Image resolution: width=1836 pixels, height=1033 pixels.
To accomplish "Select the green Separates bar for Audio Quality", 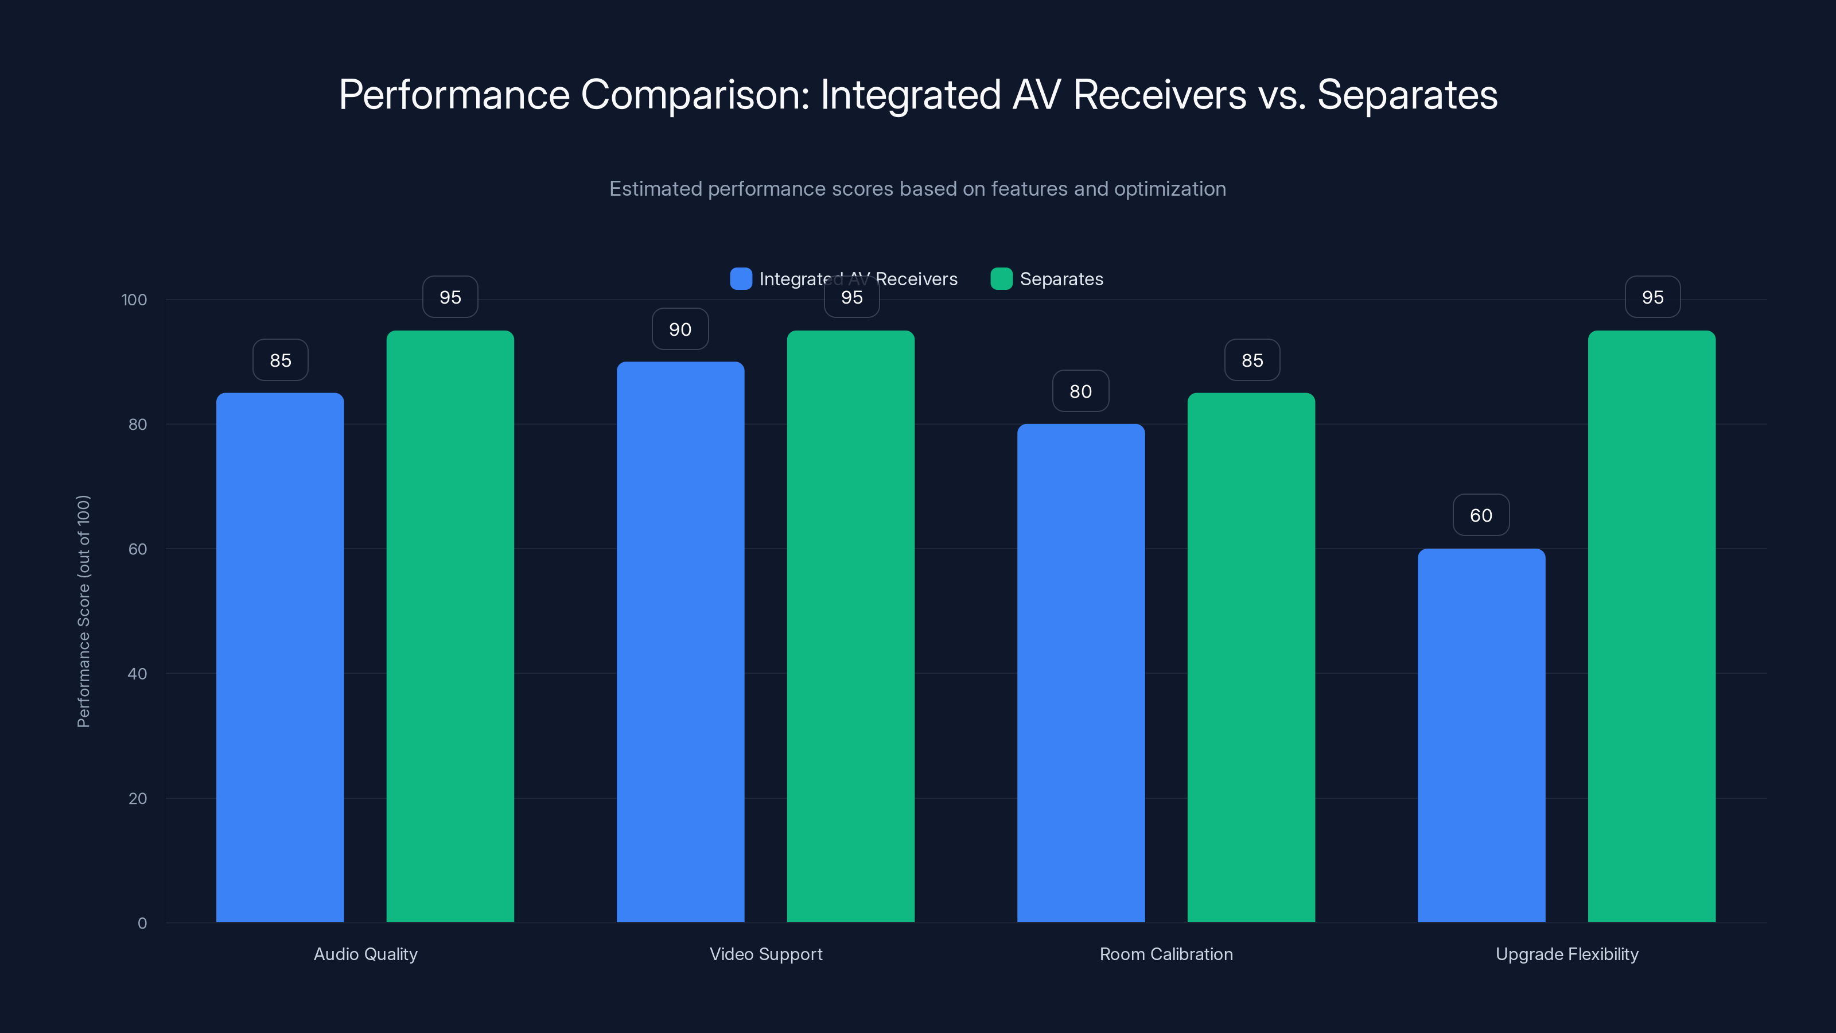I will click(x=450, y=626).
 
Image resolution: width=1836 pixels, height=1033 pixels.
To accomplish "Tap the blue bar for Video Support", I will click(x=680, y=642).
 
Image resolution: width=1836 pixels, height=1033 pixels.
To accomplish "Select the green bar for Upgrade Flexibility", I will click(x=1651, y=626).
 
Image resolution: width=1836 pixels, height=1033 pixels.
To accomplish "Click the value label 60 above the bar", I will click(x=1481, y=515).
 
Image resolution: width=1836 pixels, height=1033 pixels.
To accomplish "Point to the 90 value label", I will click(x=680, y=329).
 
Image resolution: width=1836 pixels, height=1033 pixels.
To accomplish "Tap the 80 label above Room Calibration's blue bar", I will click(x=1080, y=391).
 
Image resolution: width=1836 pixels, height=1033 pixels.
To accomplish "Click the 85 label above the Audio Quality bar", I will click(x=280, y=360).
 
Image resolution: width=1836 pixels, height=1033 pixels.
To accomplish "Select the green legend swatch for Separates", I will click(x=1001, y=279).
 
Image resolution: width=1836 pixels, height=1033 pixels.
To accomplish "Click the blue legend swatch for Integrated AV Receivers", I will click(x=741, y=279).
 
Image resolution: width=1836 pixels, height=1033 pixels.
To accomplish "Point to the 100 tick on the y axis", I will click(x=134, y=300).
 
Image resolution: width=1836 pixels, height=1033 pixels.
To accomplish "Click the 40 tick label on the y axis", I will click(x=137, y=674).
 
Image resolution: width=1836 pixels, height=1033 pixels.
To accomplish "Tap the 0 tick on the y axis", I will click(x=142, y=923).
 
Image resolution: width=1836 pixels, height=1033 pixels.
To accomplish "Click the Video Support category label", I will click(x=765, y=954).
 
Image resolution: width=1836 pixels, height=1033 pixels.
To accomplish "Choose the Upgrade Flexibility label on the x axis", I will click(x=1566, y=954).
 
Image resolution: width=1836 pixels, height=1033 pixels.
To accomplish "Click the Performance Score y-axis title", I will click(x=83, y=611).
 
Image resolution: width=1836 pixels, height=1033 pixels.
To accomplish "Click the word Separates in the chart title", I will click(x=1407, y=95).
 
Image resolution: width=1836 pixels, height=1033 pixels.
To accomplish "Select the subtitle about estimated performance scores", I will click(x=917, y=189).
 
